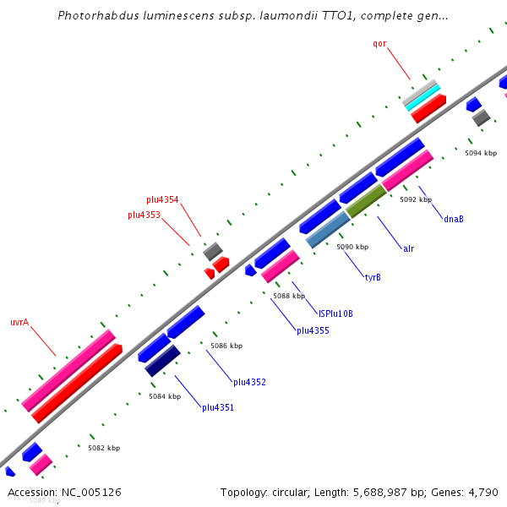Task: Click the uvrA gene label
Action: (x=19, y=322)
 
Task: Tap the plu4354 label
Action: (x=162, y=199)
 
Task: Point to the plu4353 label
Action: (x=144, y=215)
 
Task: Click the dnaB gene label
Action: (x=453, y=219)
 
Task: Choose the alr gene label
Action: (x=408, y=248)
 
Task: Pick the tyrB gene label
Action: (x=372, y=277)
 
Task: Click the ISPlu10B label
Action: (x=335, y=313)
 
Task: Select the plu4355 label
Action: (x=313, y=330)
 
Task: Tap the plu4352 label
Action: (x=249, y=382)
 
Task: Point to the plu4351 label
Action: (x=218, y=407)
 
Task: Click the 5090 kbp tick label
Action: (x=352, y=247)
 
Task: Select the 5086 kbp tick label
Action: (x=226, y=346)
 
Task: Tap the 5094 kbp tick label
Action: (x=481, y=153)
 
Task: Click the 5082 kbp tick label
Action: (x=104, y=448)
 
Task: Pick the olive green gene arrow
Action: (x=365, y=201)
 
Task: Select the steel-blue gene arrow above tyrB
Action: (x=328, y=229)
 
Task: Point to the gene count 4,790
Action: (x=483, y=492)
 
